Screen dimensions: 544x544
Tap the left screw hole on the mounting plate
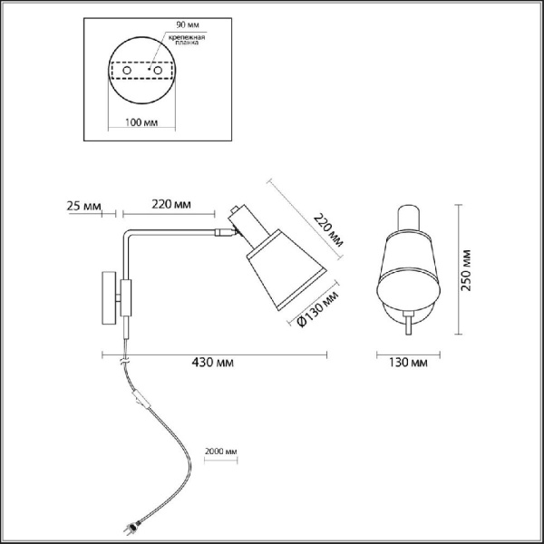pyautogui.click(x=128, y=70)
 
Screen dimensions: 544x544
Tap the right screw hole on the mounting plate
pyautogui.click(x=159, y=70)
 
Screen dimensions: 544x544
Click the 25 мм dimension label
pyautogui.click(x=84, y=204)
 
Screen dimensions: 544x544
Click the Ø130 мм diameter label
pyautogui.click(x=319, y=308)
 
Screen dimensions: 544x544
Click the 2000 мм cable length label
pyautogui.click(x=221, y=451)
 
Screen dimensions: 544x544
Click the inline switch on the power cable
pyautogui.click(x=139, y=400)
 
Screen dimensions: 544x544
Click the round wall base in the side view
pyautogui.click(x=109, y=296)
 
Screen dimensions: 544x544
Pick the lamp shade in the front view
pyautogui.click(x=409, y=272)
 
